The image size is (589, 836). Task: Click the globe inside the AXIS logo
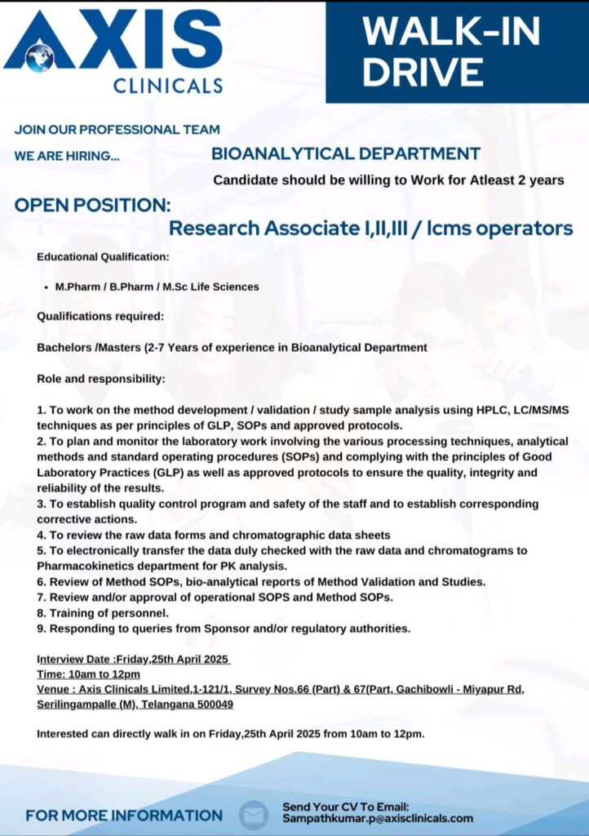[39, 56]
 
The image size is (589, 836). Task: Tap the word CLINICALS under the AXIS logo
[168, 85]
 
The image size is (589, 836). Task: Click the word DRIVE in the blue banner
[423, 71]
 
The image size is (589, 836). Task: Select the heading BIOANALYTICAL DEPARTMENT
[346, 153]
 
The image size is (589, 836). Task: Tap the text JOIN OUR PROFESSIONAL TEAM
[117, 129]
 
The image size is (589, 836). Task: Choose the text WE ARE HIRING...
[67, 155]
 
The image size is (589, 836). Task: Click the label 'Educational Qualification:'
[103, 257]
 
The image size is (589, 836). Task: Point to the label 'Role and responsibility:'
[101, 380]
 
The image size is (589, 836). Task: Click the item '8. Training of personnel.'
[103, 612]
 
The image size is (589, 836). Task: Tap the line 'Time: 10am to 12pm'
[88, 674]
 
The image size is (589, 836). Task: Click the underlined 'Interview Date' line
[133, 659]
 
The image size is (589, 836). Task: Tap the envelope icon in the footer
[254, 815]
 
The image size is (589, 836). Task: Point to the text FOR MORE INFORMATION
[124, 815]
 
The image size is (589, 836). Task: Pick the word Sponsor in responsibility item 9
[244, 628]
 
